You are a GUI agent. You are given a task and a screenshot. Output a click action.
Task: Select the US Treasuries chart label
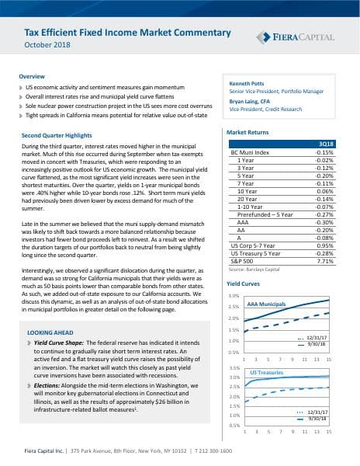click(265, 373)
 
